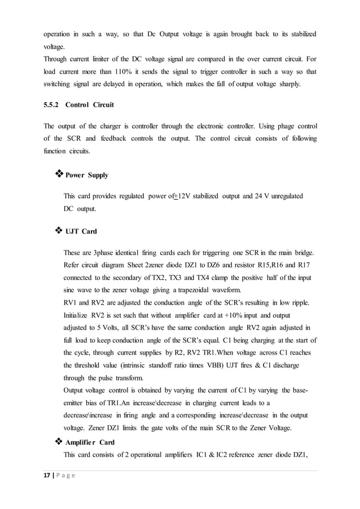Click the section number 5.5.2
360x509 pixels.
(x=52, y=105)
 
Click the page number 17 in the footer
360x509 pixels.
(x=46, y=476)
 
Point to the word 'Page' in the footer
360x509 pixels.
(x=67, y=476)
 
